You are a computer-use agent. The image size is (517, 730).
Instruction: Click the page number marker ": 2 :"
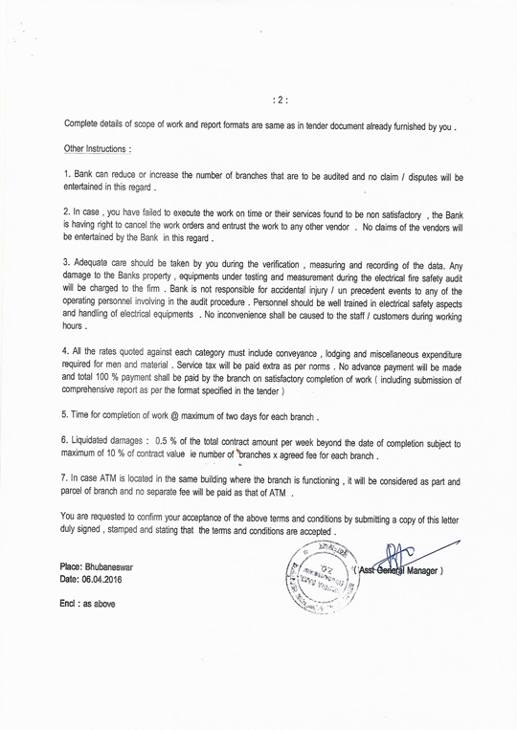pos(280,96)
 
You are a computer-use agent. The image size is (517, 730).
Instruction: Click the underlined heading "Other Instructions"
pos(94,149)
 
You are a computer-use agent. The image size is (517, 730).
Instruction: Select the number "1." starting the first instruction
pos(66,177)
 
